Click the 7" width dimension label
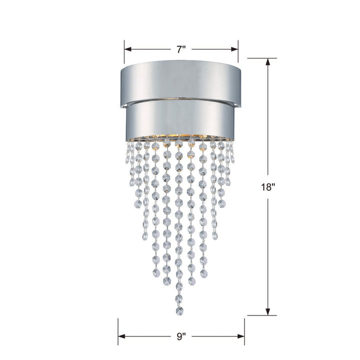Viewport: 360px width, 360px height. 181,49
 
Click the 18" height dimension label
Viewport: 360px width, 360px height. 268,187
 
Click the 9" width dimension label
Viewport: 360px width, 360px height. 181,336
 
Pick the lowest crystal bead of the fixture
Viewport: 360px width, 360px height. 178,311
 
